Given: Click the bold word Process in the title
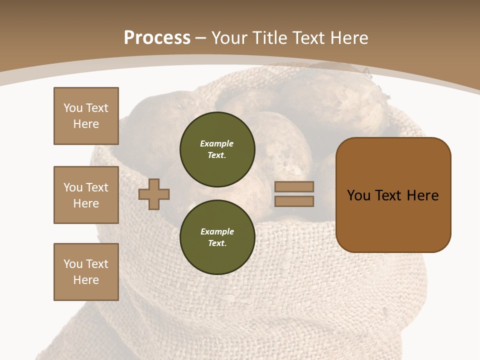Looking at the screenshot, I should coord(157,38).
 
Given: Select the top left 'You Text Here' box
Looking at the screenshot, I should coord(86,116).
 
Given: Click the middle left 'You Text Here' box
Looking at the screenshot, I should coord(86,195).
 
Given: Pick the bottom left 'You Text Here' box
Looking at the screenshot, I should coord(86,272).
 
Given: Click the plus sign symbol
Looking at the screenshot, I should coord(154,194).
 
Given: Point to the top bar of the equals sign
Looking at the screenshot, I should coord(294,187).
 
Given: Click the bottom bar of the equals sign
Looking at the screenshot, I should coord(294,201).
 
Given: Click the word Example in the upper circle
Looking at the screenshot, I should coord(217,143).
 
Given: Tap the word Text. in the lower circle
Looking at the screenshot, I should coord(217,243).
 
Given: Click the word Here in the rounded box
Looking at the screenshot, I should coord(422,195).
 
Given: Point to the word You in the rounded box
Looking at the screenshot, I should coord(358,195).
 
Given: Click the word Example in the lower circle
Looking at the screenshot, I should coord(217,231).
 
